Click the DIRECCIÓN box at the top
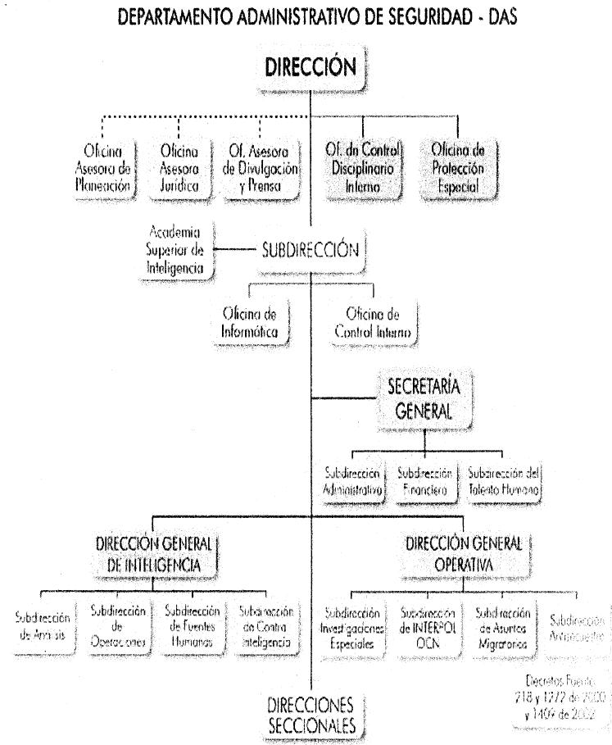[311, 70]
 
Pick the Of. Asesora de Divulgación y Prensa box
[259, 166]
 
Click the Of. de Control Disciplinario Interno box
[364, 166]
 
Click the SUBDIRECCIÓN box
[309, 251]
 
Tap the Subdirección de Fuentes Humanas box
[193, 627]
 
